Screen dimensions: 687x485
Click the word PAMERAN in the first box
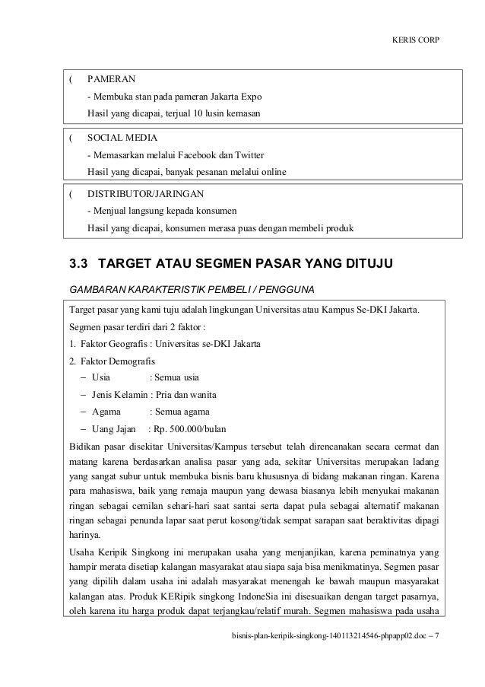pyautogui.click(x=112, y=79)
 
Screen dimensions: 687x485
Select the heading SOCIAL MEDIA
pyautogui.click(x=122, y=138)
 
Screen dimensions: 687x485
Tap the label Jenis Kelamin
pyautogui.click(x=119, y=394)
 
